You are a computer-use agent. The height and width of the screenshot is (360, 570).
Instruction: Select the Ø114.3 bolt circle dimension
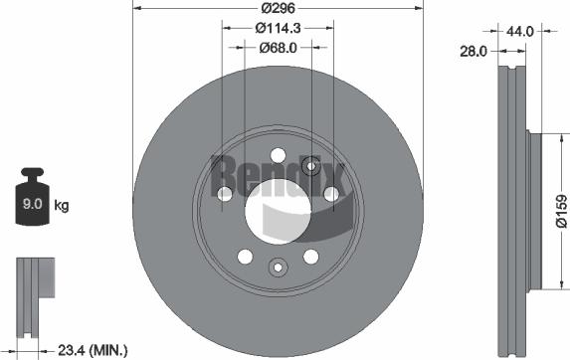(x=278, y=29)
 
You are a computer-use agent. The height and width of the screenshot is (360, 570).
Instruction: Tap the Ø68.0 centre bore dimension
(x=278, y=47)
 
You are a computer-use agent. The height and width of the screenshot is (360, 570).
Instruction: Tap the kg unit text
(x=62, y=206)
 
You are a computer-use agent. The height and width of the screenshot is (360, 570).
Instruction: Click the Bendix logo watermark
(x=278, y=179)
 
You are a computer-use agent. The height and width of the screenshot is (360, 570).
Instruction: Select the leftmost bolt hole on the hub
(x=224, y=193)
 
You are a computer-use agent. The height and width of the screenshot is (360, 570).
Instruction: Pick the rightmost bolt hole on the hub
(x=331, y=193)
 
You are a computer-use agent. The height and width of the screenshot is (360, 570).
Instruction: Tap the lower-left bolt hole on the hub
(x=245, y=257)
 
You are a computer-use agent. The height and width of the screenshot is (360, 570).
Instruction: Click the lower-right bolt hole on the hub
(x=310, y=257)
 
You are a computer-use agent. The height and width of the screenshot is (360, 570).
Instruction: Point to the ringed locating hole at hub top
(x=310, y=166)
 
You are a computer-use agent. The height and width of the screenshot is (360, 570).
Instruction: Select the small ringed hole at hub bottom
(x=278, y=266)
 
